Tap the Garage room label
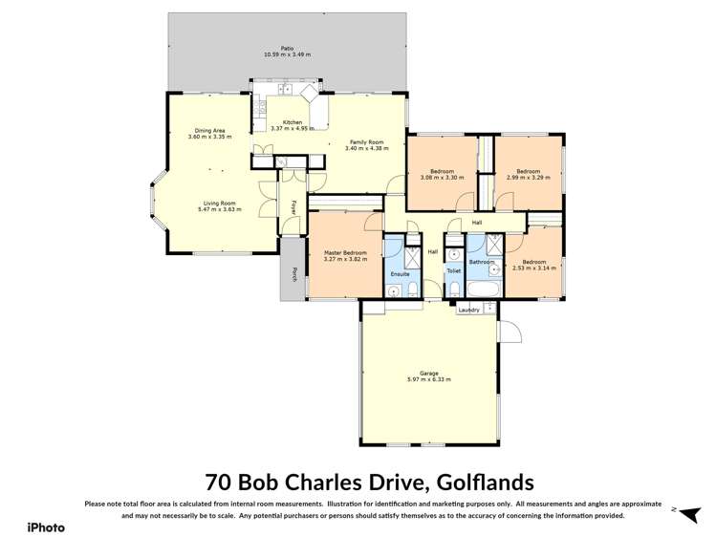click(428, 373)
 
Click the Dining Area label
click(209, 130)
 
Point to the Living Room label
click(219, 203)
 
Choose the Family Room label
click(362, 141)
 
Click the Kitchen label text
click(292, 122)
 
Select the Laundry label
click(468, 310)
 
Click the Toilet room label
click(453, 270)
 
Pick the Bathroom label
click(481, 262)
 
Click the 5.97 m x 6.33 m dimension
click(428, 379)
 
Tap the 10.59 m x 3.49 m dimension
click(286, 54)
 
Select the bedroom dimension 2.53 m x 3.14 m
click(533, 268)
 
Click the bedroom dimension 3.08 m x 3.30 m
click(442, 177)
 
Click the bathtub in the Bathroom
click(482, 287)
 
